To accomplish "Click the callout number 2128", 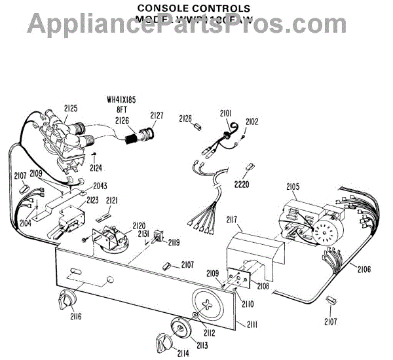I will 186,118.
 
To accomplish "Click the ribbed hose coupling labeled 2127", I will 141,137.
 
